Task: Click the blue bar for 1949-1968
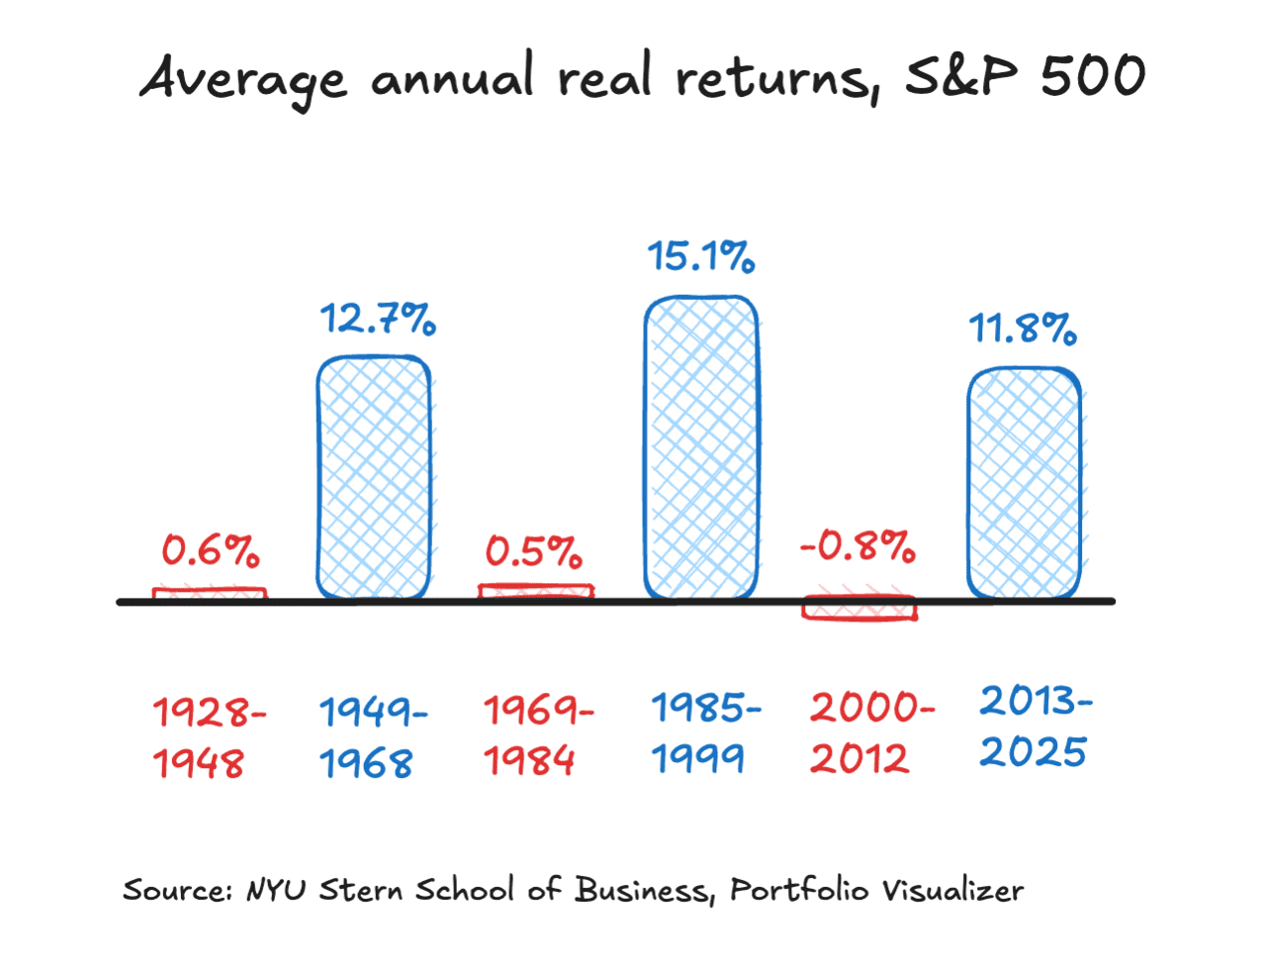(x=374, y=477)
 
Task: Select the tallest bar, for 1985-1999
(x=701, y=447)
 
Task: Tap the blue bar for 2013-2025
(x=1024, y=483)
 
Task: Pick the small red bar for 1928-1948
(x=210, y=594)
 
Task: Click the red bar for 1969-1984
(x=536, y=591)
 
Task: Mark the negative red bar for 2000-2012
(x=859, y=609)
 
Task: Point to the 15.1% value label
(x=701, y=256)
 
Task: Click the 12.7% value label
(x=377, y=319)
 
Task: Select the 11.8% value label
(x=1023, y=328)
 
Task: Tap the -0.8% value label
(x=858, y=545)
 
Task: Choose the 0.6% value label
(x=211, y=550)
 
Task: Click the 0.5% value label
(x=534, y=551)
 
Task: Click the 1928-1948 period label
(x=208, y=737)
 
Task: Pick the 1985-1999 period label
(x=704, y=733)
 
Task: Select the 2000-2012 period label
(x=869, y=733)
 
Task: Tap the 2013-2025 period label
(x=1035, y=726)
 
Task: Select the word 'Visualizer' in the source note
(x=952, y=890)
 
